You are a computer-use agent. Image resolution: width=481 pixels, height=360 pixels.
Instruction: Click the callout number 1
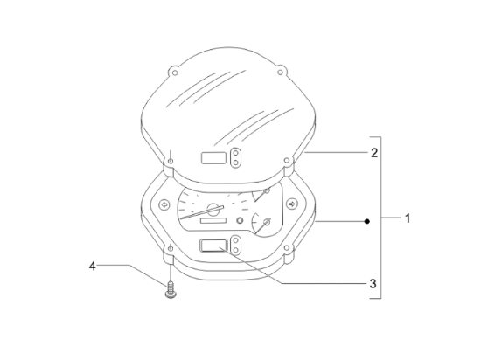(x=408, y=218)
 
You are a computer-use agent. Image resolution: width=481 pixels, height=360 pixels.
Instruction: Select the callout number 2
(x=374, y=153)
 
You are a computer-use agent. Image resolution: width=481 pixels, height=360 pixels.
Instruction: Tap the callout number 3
(x=373, y=284)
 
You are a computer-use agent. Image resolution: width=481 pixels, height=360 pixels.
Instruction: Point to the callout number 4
(x=93, y=266)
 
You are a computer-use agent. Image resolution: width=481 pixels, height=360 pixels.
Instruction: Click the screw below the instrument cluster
(x=170, y=290)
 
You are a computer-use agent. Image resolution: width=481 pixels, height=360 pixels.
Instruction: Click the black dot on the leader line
(x=367, y=221)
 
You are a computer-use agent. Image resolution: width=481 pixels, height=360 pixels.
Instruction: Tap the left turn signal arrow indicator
(x=164, y=204)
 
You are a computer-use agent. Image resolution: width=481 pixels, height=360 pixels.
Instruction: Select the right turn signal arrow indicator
(x=292, y=204)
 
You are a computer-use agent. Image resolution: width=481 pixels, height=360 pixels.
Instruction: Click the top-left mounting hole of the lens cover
(x=175, y=73)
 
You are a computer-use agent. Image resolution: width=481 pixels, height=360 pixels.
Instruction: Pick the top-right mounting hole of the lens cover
(x=280, y=73)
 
